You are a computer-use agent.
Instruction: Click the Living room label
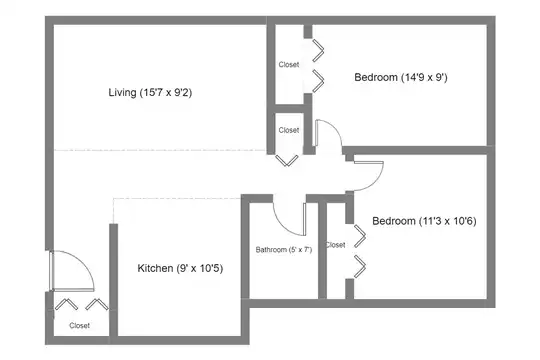(150, 92)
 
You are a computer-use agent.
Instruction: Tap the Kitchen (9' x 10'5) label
(180, 268)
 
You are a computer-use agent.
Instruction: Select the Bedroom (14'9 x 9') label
(401, 77)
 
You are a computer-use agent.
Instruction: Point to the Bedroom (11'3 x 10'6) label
(424, 221)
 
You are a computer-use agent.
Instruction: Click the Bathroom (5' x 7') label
(284, 249)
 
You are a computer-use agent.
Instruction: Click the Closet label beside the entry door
(80, 326)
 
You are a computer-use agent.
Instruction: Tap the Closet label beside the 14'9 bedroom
(289, 64)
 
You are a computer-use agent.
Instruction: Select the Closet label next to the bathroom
(335, 245)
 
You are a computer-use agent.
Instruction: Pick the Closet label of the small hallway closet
(289, 130)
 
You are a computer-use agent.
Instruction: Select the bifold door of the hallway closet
(287, 161)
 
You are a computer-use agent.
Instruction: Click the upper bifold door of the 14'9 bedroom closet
(319, 51)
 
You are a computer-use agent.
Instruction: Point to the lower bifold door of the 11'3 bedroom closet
(360, 266)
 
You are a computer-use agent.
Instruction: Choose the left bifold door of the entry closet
(66, 304)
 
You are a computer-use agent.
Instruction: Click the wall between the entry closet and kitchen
(114, 280)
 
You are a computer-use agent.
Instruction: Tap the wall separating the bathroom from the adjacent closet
(322, 250)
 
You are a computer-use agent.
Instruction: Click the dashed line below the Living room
(159, 150)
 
